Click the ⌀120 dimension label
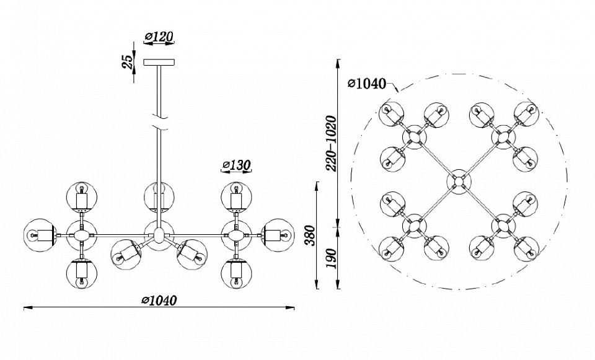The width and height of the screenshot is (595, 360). [x=159, y=37]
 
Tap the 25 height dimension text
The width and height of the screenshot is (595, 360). [x=128, y=62]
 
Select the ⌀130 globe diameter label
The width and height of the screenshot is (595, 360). [x=236, y=165]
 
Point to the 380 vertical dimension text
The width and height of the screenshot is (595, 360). [x=311, y=235]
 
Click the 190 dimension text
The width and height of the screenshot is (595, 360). [x=331, y=258]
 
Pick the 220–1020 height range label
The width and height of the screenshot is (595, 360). [x=331, y=143]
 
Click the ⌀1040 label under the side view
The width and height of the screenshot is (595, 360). [x=159, y=301]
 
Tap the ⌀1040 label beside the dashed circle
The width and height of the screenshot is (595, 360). [x=366, y=83]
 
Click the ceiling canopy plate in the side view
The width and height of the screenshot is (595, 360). [x=159, y=62]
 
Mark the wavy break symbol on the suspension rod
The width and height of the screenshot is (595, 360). [x=159, y=121]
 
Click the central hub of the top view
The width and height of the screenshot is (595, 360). [x=459, y=182]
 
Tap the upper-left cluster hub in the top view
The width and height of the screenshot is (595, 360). [x=415, y=137]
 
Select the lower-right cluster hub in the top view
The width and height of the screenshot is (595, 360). [x=503, y=226]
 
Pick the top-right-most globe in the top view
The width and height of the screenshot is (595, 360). [x=526, y=114]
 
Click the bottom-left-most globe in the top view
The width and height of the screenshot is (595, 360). [x=392, y=249]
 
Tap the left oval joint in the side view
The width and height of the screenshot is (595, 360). [x=81, y=235]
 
